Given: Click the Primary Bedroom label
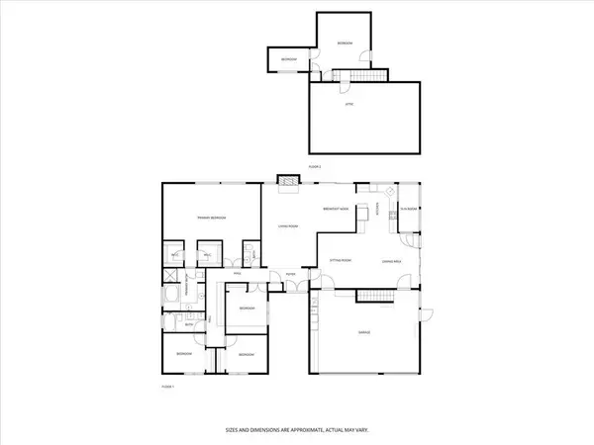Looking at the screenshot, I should coord(211,218).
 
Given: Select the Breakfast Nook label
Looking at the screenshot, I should coord(340,210).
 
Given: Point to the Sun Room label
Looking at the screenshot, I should coord(407,209).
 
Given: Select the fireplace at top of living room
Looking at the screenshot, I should coord(287,181).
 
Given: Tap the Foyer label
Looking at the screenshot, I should coord(290,274).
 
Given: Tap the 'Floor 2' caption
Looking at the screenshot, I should coord(315,167).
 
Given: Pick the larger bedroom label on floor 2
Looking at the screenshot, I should coord(345,44).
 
